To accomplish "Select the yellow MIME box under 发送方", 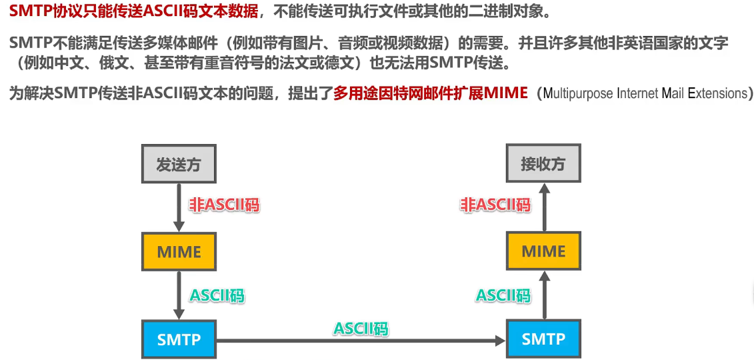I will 179,251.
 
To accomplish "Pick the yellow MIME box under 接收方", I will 543,251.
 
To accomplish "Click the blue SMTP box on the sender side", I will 179,339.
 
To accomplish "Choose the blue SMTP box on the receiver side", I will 543,339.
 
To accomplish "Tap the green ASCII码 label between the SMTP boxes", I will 361,328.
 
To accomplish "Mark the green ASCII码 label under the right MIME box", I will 503,295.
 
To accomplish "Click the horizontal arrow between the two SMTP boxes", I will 360,341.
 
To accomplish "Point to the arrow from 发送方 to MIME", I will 179,207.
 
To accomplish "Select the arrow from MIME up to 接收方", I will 544,207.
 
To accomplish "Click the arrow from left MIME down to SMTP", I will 179,295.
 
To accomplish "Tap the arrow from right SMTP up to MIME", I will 544,295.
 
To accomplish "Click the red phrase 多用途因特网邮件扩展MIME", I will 430,93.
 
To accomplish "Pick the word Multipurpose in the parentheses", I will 578,93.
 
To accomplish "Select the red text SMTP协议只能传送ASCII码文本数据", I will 133,11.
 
